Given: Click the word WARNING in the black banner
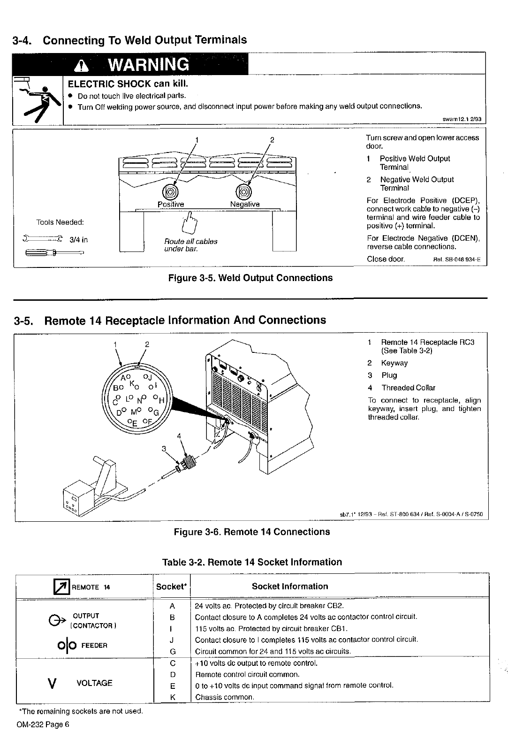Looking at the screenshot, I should (148, 64).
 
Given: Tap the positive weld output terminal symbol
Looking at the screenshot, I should (169, 192).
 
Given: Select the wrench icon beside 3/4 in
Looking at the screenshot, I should (42, 239).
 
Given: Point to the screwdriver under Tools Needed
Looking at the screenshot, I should (53, 254).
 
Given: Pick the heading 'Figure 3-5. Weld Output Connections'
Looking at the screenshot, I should (250, 278).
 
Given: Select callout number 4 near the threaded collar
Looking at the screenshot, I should (179, 435).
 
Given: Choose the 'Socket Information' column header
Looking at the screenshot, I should (290, 586).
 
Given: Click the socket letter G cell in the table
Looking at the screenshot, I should (172, 651).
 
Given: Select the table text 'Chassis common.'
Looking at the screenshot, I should (225, 697).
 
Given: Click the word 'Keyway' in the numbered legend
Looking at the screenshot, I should (394, 363).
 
